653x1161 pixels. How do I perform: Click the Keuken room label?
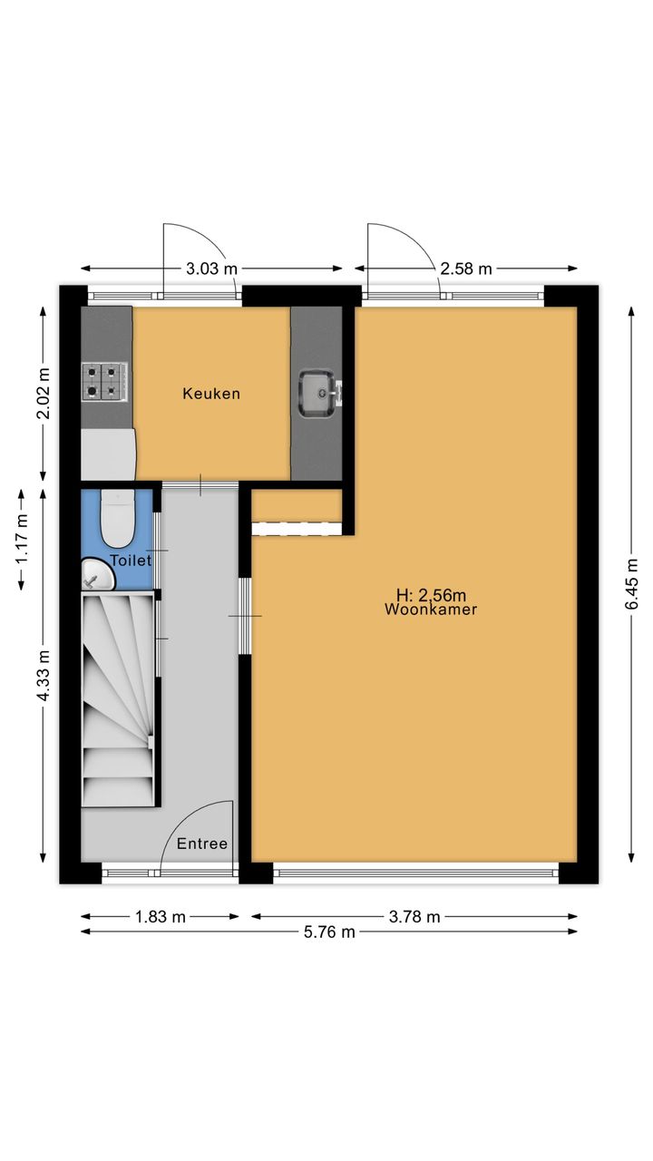click(211, 394)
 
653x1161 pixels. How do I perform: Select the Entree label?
click(202, 844)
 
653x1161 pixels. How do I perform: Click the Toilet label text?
click(132, 561)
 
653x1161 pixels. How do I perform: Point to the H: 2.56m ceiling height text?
click(431, 595)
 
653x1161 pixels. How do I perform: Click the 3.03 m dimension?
click(211, 268)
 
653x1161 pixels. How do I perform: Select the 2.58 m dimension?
click(466, 268)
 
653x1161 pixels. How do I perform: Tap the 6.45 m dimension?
click(631, 584)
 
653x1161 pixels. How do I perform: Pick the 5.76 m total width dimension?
click(329, 932)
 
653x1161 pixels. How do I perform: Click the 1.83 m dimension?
click(161, 917)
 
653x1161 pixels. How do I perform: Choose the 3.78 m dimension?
click(414, 917)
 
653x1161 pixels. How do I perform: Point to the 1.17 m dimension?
click(22, 539)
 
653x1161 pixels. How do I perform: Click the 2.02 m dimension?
click(44, 393)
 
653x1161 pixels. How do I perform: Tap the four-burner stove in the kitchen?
click(103, 382)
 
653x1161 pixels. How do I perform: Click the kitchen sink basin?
click(317, 393)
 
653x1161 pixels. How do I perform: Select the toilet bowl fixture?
click(118, 518)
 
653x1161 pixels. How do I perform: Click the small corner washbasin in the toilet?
click(96, 574)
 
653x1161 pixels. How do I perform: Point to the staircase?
click(119, 700)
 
